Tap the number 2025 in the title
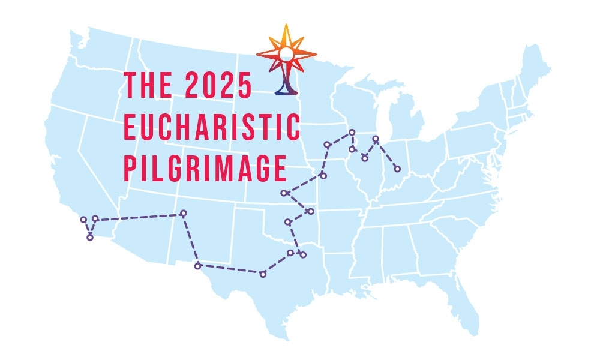pos(219,85)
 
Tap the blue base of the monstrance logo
pos(286,90)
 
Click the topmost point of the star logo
pos(286,26)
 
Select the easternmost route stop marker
pos(397,168)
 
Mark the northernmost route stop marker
pos(352,132)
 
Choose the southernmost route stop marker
pos(263,274)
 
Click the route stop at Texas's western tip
pos(198,265)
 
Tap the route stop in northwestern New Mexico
pos(184,213)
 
